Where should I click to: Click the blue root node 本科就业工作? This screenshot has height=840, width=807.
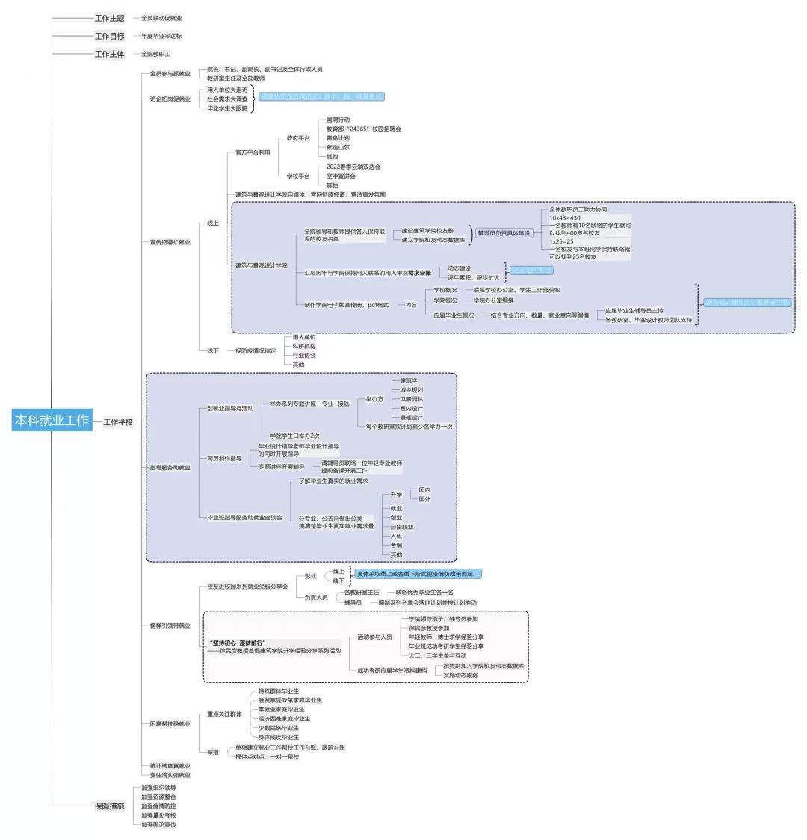click(x=51, y=421)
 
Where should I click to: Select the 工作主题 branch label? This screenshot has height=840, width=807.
click(x=109, y=17)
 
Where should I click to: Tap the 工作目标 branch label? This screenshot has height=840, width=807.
click(x=109, y=36)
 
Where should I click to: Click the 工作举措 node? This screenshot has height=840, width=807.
click(x=117, y=422)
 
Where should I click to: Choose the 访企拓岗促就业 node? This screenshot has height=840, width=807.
click(x=170, y=99)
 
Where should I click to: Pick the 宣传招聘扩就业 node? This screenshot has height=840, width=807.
click(x=170, y=242)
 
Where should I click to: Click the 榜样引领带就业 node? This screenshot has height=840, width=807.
click(x=170, y=626)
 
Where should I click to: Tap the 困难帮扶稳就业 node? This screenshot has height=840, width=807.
click(x=170, y=723)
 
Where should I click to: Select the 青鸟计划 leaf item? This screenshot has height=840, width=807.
click(x=338, y=138)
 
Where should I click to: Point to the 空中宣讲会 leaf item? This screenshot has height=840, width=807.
click(x=341, y=176)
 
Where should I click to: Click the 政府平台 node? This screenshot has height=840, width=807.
click(x=298, y=138)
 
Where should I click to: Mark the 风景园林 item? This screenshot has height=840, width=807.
click(x=411, y=399)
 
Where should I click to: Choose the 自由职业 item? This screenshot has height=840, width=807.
click(x=401, y=527)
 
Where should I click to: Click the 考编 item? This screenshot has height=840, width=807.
click(x=396, y=546)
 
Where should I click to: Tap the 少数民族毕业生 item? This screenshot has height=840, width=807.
click(x=278, y=728)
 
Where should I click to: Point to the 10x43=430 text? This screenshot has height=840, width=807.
click(x=565, y=217)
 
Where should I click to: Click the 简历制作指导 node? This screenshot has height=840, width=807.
click(x=224, y=458)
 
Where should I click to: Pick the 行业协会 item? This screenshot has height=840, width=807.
click(x=304, y=356)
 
